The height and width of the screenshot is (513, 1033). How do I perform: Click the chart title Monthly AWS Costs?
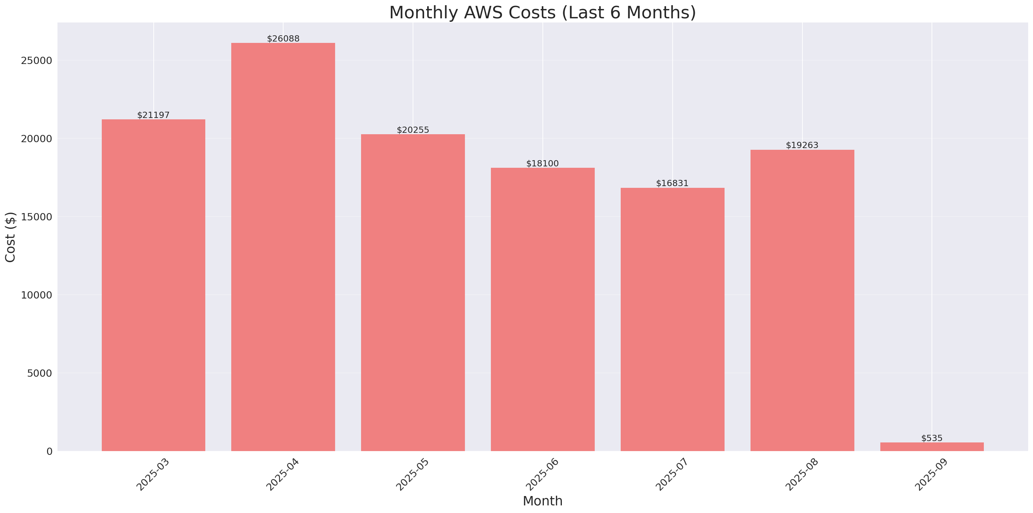[x=542, y=12]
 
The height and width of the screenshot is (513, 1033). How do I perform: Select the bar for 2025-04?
[x=283, y=247]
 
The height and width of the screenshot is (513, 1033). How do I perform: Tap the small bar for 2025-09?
[x=932, y=447]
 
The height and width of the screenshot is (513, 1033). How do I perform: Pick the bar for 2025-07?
[x=673, y=319]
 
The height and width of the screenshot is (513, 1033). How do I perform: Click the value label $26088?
[x=283, y=38]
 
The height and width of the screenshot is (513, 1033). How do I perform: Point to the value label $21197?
[x=153, y=115]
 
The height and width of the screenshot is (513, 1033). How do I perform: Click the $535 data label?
[x=932, y=438]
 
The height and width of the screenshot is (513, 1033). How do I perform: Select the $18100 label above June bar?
[x=542, y=164]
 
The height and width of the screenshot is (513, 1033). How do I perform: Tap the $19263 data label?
[x=802, y=145]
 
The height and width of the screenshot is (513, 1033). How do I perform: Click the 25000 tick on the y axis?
[x=37, y=61]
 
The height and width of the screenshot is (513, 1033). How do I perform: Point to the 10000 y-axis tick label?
[x=37, y=295]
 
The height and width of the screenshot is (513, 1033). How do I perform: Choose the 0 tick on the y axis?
[x=49, y=452]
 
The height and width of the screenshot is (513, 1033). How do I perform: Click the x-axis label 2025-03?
[x=152, y=475]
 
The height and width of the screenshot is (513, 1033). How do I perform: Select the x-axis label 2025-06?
[x=542, y=475]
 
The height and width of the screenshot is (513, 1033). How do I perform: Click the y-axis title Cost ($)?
[x=10, y=237]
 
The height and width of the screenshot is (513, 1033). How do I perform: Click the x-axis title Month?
[x=542, y=501]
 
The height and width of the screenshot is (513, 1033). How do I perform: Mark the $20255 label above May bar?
[x=413, y=130]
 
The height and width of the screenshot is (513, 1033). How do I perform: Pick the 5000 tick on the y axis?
[x=40, y=373]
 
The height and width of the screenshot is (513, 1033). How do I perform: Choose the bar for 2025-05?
[x=413, y=293]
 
